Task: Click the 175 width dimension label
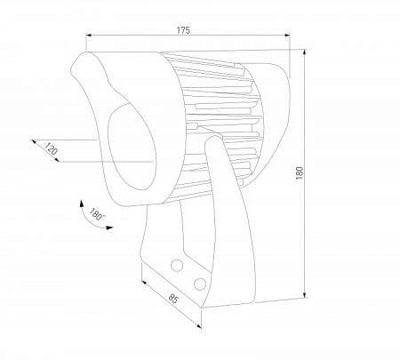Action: (183, 30)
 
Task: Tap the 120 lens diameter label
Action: (51, 151)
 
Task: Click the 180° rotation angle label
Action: (97, 213)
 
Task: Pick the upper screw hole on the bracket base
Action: (177, 264)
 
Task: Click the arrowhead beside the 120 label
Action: (34, 140)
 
